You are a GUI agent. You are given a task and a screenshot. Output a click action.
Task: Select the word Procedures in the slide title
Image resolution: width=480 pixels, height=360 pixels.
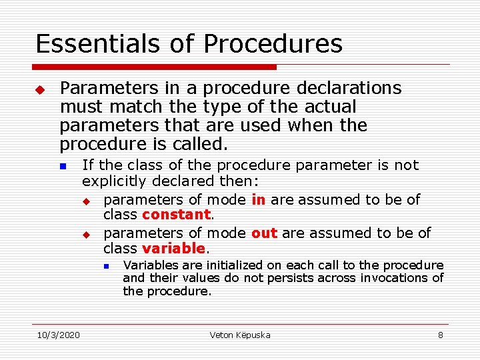point(273,44)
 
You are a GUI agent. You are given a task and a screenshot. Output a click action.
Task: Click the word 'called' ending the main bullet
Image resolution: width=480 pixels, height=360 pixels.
point(201,144)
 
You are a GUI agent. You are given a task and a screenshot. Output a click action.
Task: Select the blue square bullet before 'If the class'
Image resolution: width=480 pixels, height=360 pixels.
point(63,166)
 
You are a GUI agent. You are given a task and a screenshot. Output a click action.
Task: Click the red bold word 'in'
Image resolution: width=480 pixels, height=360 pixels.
point(259,199)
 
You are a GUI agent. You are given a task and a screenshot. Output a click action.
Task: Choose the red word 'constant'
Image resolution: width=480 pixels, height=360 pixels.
point(176,215)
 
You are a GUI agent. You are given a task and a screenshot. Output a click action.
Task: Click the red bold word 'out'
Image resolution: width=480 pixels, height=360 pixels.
point(265,233)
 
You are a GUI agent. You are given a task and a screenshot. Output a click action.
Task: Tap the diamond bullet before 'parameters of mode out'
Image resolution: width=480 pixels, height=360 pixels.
point(85,234)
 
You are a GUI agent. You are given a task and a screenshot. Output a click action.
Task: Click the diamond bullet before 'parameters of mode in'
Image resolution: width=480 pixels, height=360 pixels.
point(85,201)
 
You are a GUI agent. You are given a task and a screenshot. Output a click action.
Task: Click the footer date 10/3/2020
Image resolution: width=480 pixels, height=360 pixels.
point(57,335)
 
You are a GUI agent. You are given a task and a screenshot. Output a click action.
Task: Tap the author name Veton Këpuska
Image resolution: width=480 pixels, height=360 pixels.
point(239,335)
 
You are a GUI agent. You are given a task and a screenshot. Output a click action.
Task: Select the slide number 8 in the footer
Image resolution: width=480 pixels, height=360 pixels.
point(440,335)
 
